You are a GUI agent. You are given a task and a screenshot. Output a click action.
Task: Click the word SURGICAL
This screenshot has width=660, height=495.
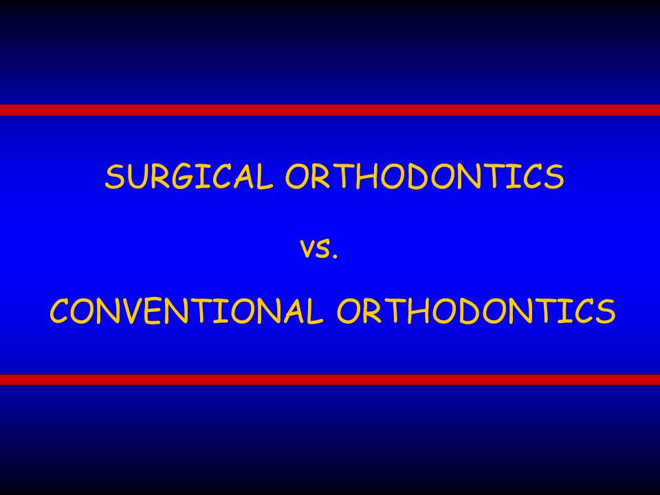189,176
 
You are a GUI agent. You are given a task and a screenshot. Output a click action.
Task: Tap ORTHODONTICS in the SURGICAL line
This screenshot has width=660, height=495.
425,176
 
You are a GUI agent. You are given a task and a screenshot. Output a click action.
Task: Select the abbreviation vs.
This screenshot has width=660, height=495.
319,248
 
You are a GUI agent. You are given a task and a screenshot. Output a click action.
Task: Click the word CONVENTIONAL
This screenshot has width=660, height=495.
186,311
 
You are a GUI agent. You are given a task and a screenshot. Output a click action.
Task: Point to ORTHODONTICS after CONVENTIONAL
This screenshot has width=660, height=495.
476,311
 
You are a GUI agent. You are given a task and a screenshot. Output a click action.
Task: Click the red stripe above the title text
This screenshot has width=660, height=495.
330,110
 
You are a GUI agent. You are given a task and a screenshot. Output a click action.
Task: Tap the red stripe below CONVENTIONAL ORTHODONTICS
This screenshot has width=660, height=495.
330,379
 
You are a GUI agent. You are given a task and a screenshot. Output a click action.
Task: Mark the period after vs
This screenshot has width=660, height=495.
335,255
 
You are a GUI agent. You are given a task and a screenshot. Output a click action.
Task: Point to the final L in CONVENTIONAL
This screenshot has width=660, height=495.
315,311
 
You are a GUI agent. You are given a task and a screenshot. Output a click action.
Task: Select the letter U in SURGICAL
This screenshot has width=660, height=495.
135,177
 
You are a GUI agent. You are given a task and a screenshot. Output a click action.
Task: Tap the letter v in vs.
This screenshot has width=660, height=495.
308,249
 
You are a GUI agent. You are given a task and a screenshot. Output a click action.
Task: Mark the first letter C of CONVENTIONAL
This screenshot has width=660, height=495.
60,311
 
